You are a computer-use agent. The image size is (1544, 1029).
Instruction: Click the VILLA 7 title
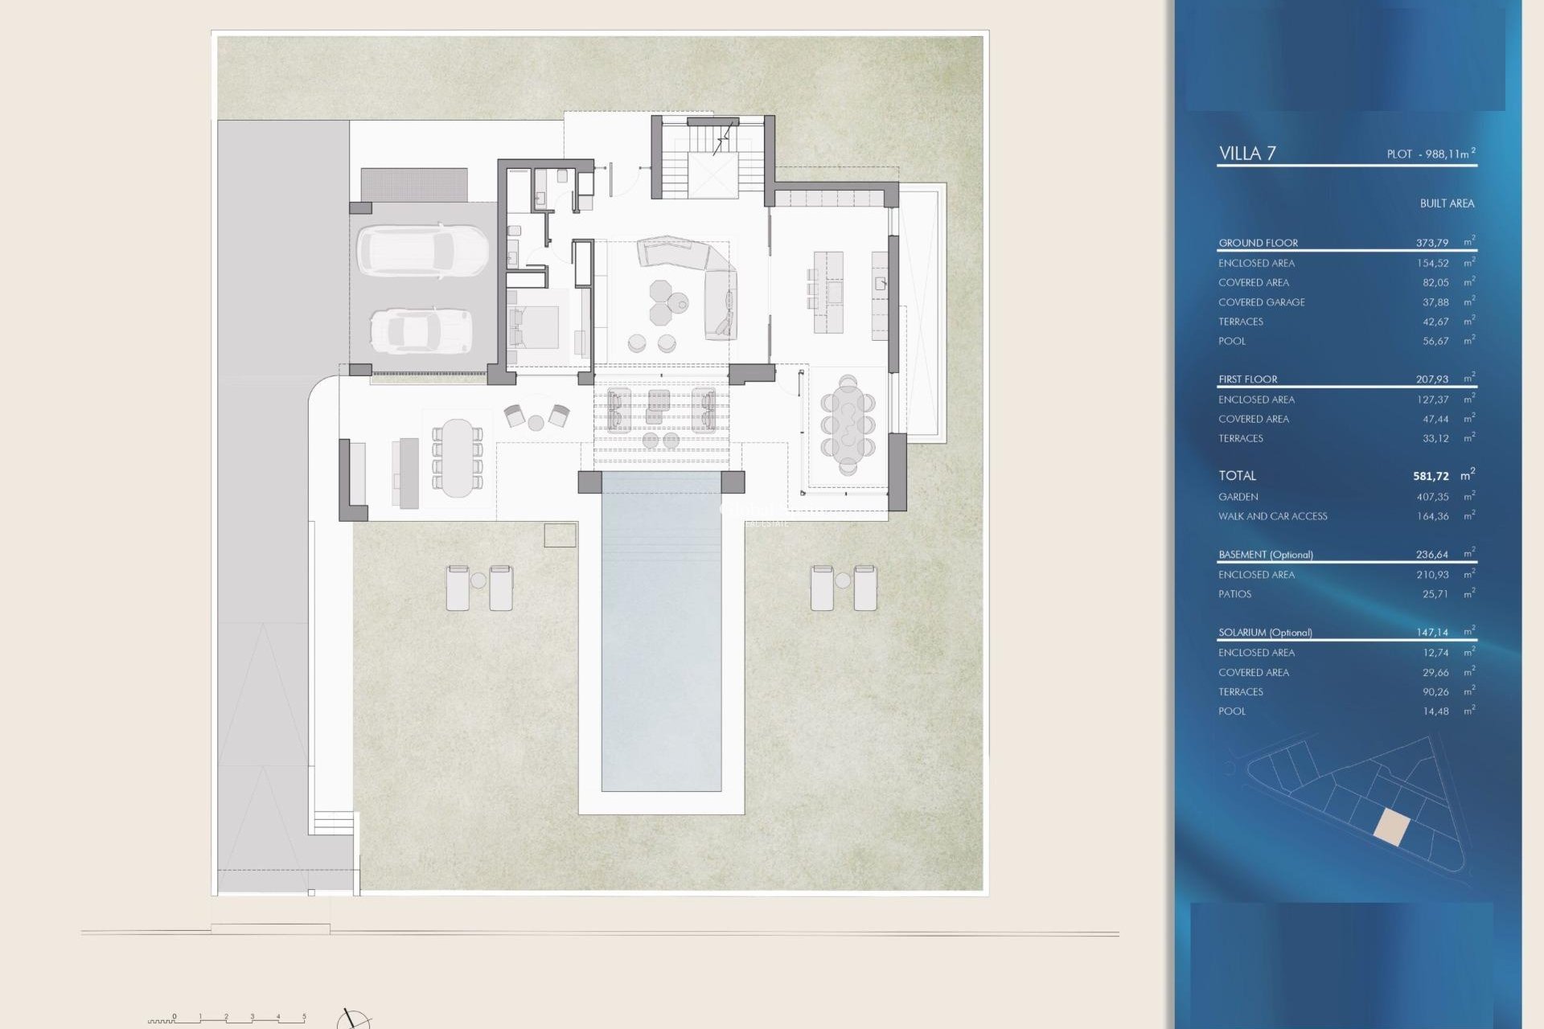[x=1247, y=154]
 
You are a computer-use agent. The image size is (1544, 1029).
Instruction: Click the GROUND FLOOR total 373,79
[x=1431, y=243]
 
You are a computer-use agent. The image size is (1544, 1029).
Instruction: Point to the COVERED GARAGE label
[x=1261, y=302]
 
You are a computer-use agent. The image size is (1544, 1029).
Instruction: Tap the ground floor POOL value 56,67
[x=1435, y=341]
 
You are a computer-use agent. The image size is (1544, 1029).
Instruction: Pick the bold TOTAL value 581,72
[x=1431, y=476]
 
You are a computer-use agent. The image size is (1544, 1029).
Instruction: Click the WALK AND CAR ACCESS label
[x=1272, y=516]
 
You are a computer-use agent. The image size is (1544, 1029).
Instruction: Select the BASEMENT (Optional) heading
[x=1265, y=555]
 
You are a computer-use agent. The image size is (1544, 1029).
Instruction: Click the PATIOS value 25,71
[x=1435, y=594]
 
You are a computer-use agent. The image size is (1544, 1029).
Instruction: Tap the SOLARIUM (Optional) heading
[x=1265, y=633]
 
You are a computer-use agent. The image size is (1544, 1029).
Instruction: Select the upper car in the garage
[x=422, y=251]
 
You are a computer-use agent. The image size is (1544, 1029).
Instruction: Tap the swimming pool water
[x=661, y=635]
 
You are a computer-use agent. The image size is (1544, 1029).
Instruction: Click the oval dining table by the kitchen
[x=848, y=424]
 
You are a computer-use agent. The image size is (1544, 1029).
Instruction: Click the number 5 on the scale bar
[x=304, y=1017]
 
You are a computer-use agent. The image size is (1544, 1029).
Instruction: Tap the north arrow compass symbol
[x=352, y=1020]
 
